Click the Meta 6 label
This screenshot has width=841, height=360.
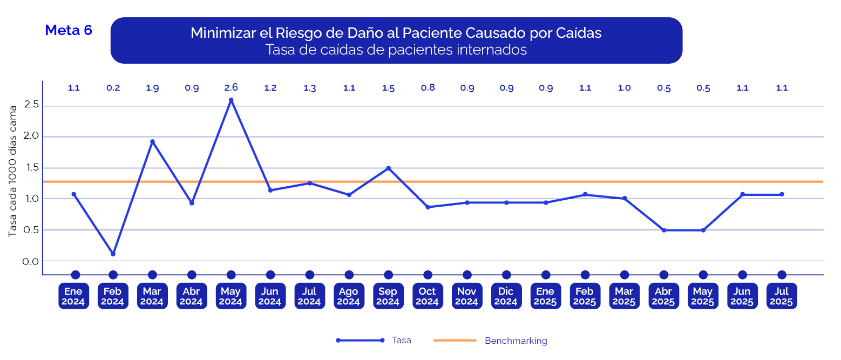pos(69,30)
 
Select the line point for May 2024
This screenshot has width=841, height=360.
pos(231,100)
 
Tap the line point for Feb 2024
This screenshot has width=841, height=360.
pos(113,254)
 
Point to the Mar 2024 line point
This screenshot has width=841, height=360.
pos(152,141)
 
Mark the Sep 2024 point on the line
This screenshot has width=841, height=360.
pos(388,168)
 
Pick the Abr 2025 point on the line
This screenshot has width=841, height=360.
pos(663,230)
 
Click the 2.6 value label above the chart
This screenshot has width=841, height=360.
pos(231,87)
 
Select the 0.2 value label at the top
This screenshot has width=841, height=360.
pos(113,88)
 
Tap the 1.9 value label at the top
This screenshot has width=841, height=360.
pos(152,88)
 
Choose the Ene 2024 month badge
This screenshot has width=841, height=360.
pos(73,296)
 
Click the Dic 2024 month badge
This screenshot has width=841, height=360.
pos(506,296)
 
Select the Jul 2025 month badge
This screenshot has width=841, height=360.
pos(781,296)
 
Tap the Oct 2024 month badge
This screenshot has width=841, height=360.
pos(428,296)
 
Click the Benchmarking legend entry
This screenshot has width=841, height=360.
pos(516,341)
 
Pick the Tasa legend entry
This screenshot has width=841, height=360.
pos(401,340)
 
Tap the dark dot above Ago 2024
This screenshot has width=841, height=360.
pos(349,275)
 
